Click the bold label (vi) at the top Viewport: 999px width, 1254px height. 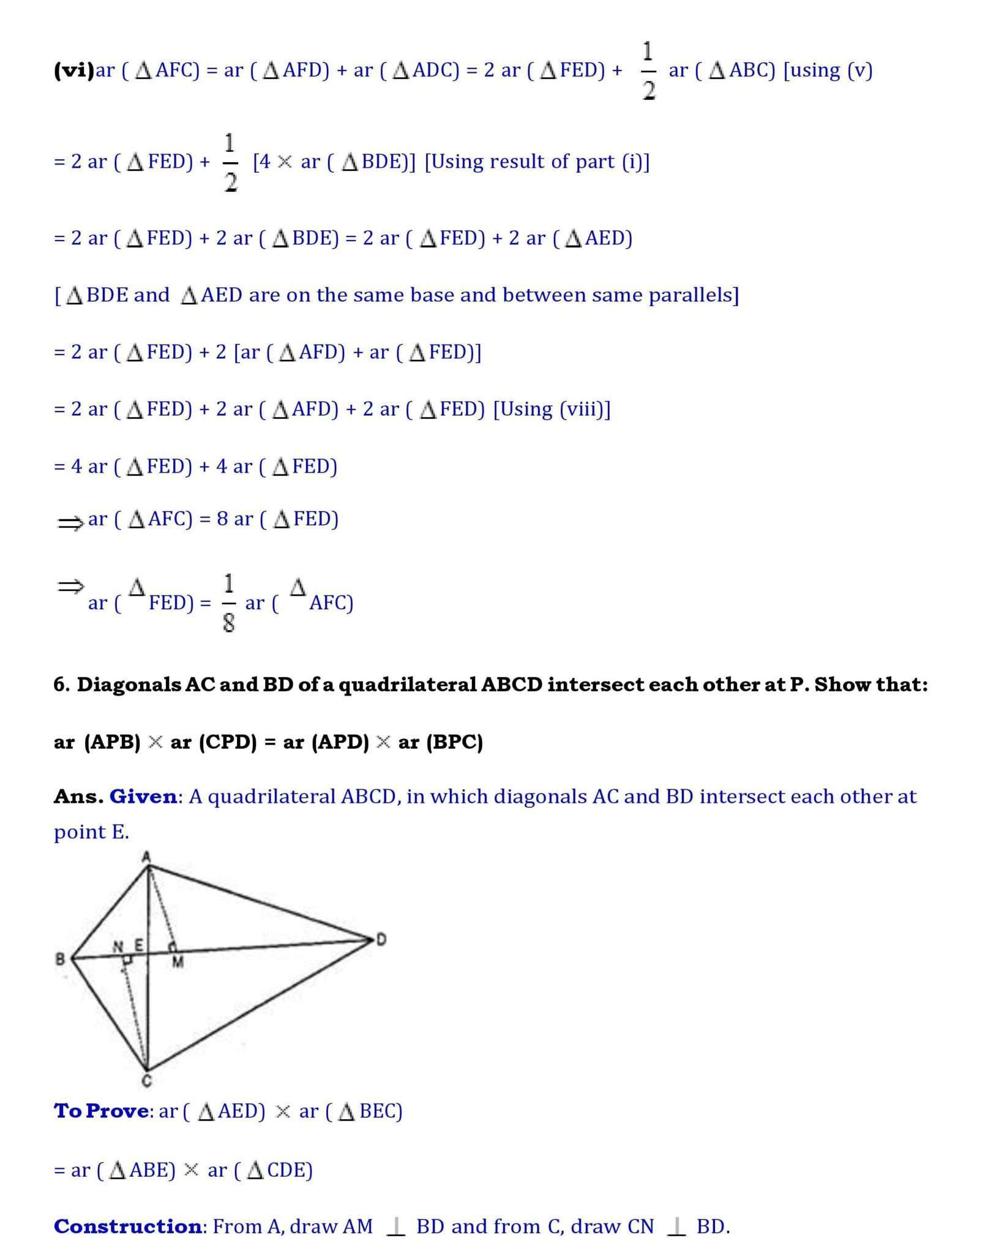click(x=74, y=70)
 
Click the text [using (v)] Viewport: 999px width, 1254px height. click(x=828, y=70)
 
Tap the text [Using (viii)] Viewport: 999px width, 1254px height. click(x=552, y=409)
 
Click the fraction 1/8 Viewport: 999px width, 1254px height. click(x=228, y=603)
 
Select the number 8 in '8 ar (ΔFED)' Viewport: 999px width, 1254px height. click(x=222, y=519)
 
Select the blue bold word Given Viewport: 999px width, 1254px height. click(x=143, y=797)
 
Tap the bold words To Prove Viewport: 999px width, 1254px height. click(x=101, y=1111)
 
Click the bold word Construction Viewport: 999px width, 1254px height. click(x=127, y=1226)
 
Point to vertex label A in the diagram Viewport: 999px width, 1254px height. click(x=146, y=857)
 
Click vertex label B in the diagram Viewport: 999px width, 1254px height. click(x=61, y=959)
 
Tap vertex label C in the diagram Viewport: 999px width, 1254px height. click(x=147, y=1081)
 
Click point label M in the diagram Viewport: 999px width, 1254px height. click(x=178, y=963)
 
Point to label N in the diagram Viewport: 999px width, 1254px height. click(x=119, y=947)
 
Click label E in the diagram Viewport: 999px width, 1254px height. click(x=139, y=946)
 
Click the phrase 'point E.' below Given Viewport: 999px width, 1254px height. click(x=91, y=832)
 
